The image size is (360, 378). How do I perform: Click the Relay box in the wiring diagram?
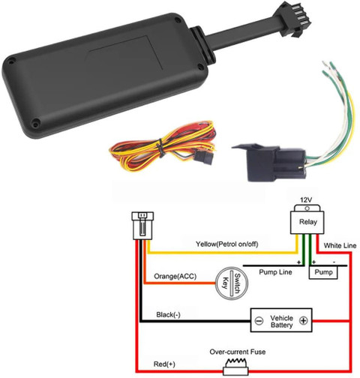point(307,220)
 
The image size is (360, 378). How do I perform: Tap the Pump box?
point(323,272)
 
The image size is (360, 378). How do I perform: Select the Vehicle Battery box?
point(281,320)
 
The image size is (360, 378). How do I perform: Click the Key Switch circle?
point(232,283)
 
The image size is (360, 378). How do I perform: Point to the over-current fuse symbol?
point(235,367)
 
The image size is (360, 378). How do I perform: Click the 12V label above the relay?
point(306,199)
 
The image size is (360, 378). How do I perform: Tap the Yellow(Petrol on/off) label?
point(226,244)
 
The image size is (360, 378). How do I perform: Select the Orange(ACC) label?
point(175,276)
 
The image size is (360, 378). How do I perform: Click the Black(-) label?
point(168,315)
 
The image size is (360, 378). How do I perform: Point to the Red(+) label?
point(164,364)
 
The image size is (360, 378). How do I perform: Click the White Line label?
point(340,246)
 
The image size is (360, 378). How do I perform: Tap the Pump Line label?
point(275,272)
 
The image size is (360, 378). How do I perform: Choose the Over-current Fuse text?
point(238,352)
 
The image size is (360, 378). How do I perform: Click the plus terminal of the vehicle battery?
point(304,320)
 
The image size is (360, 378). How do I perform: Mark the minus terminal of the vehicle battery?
point(259,320)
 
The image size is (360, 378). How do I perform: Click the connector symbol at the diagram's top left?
point(142,226)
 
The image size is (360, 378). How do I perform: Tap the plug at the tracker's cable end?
point(295,19)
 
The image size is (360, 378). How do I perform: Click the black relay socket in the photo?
point(269,162)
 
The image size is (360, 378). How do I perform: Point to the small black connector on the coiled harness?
point(204,158)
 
